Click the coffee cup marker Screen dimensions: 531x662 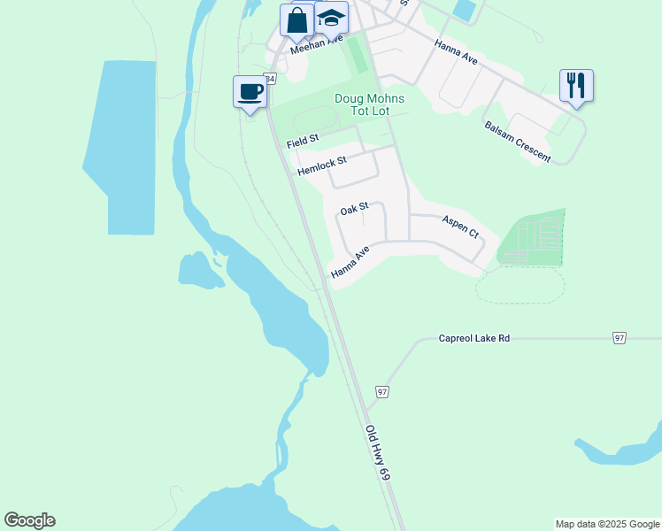[x=250, y=91]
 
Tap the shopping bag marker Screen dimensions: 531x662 [x=297, y=19]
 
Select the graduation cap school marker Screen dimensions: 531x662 [x=331, y=19]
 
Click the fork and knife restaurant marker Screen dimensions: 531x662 [x=576, y=86]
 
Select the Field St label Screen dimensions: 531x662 [x=303, y=142]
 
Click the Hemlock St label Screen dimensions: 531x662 [x=322, y=165]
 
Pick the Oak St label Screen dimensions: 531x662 [x=354, y=211]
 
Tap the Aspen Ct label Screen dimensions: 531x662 [x=459, y=228]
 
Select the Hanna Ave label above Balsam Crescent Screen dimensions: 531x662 [x=456, y=52]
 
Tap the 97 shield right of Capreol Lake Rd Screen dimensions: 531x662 [x=619, y=338]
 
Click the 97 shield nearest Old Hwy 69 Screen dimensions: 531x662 [x=382, y=391]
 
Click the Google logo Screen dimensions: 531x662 [x=29, y=520]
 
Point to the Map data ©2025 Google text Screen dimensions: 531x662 [x=607, y=524]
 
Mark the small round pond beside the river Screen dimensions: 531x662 [x=200, y=271]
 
